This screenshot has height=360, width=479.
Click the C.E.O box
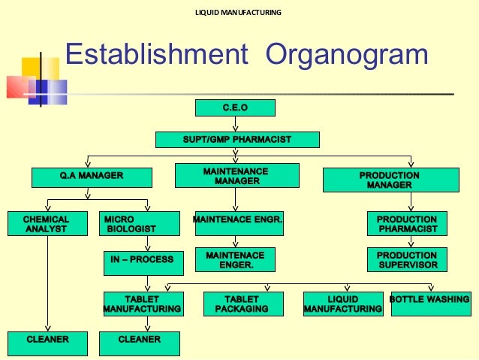coord(235,108)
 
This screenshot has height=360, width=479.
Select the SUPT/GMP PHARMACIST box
coord(237,140)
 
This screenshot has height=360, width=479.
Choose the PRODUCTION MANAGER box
coord(390,180)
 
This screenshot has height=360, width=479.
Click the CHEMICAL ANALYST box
coord(47,224)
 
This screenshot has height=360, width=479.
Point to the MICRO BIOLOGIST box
coord(140,224)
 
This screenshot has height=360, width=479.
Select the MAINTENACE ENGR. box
coord(237,219)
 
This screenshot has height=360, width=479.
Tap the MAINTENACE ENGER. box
coord(235,260)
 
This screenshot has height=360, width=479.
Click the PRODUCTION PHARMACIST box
coord(407,224)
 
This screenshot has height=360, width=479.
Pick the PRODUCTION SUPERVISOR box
coord(407,260)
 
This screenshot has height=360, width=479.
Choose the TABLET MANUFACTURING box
coord(141,304)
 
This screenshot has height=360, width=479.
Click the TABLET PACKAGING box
coord(241,304)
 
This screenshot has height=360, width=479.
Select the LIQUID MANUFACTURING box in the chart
coord(342,304)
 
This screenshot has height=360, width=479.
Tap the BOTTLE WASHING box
coord(430,301)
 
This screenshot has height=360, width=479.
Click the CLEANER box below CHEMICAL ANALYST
coord(47,340)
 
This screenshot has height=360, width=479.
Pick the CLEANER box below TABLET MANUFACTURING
coord(140,340)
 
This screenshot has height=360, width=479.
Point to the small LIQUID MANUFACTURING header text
coord(239,13)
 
